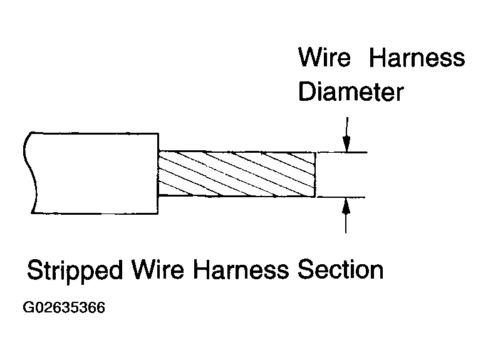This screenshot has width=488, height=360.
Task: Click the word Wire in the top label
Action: point(324,57)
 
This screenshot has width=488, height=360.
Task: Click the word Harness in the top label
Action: point(417,57)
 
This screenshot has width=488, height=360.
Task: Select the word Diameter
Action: point(351,91)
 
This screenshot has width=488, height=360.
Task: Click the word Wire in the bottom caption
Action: point(158,269)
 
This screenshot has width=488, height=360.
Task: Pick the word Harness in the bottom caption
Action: point(241,269)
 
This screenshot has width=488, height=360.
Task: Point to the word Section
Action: point(341,269)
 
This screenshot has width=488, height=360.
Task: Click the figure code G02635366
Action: point(64,307)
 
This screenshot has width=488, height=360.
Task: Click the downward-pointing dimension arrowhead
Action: point(346,144)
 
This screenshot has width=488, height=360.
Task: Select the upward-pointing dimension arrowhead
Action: point(346,206)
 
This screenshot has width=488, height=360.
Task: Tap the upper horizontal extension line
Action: point(341,153)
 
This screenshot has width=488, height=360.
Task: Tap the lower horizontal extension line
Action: point(341,197)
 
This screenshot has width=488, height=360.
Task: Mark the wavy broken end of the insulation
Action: point(30,173)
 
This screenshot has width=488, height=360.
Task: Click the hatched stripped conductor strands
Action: point(237,174)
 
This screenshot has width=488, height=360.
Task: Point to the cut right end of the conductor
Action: point(315,175)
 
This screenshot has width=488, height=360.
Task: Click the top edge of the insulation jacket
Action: point(95,133)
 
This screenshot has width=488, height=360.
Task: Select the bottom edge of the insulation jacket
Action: point(95,213)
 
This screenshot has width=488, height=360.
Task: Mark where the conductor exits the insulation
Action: point(158,173)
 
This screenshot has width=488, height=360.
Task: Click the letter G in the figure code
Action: point(28,307)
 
